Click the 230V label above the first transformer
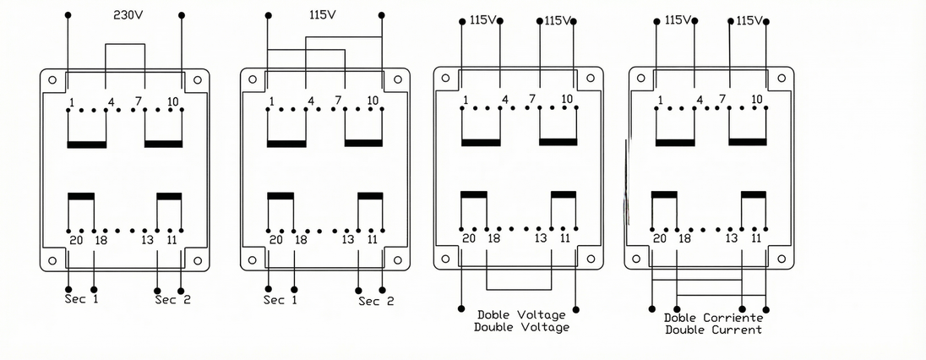click(x=128, y=15)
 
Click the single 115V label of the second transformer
click(x=323, y=14)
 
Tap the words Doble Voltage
click(x=521, y=315)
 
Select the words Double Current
click(x=713, y=330)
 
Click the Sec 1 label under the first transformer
click(x=81, y=299)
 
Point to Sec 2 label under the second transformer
click(x=376, y=302)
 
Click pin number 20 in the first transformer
click(x=76, y=241)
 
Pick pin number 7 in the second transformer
click(x=338, y=101)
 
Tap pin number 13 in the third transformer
click(x=541, y=238)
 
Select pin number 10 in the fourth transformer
click(x=756, y=99)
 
